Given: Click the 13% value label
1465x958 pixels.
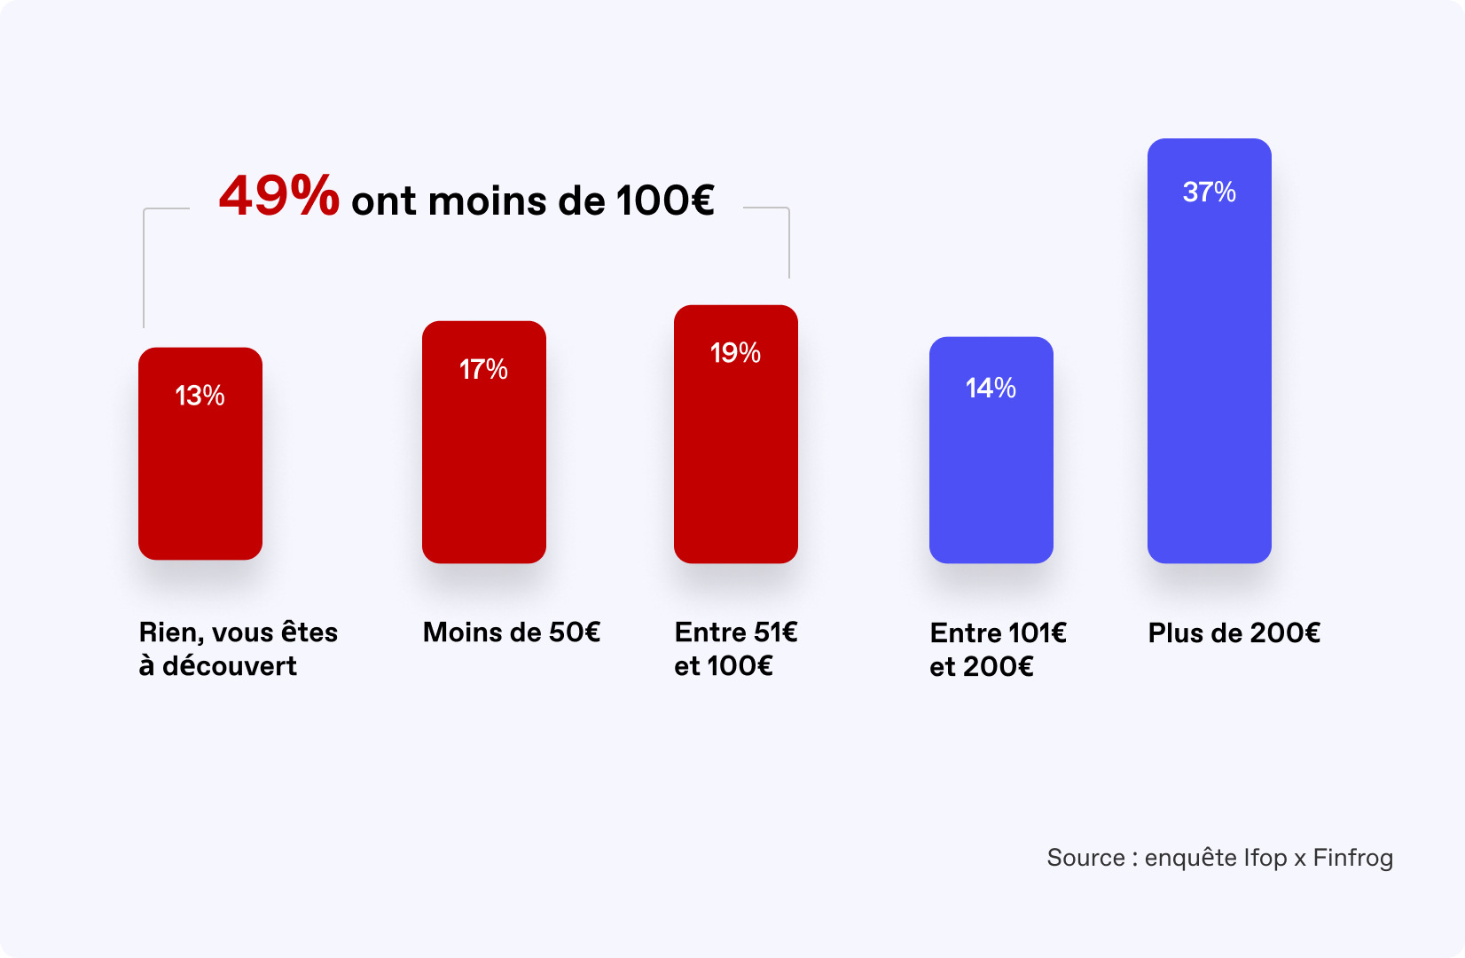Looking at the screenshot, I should tap(200, 396).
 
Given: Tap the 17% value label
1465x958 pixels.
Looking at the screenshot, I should tap(483, 369).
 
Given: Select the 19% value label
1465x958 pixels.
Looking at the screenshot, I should tap(735, 353).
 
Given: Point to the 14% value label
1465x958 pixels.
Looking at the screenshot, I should tap(991, 388).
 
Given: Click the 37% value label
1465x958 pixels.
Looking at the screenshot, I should tap(1209, 192).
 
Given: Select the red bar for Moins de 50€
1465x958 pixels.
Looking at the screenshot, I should tap(483, 461).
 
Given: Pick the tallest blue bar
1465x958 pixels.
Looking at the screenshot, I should tap(1209, 373).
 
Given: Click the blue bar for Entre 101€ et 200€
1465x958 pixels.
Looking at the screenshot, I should tap(991, 470).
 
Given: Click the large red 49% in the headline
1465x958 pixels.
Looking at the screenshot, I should tap(278, 196).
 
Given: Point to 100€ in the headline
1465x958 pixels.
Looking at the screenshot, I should tap(665, 200).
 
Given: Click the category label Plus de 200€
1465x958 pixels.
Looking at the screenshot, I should tap(1234, 633).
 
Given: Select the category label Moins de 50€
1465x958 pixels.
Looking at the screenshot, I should tap(512, 632).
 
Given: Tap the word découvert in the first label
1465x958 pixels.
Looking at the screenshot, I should tap(230, 666).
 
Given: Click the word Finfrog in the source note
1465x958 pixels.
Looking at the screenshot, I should tap(1352, 858).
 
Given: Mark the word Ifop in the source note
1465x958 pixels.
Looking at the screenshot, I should tap(1265, 858).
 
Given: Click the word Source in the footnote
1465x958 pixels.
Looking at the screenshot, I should tap(1085, 858).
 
